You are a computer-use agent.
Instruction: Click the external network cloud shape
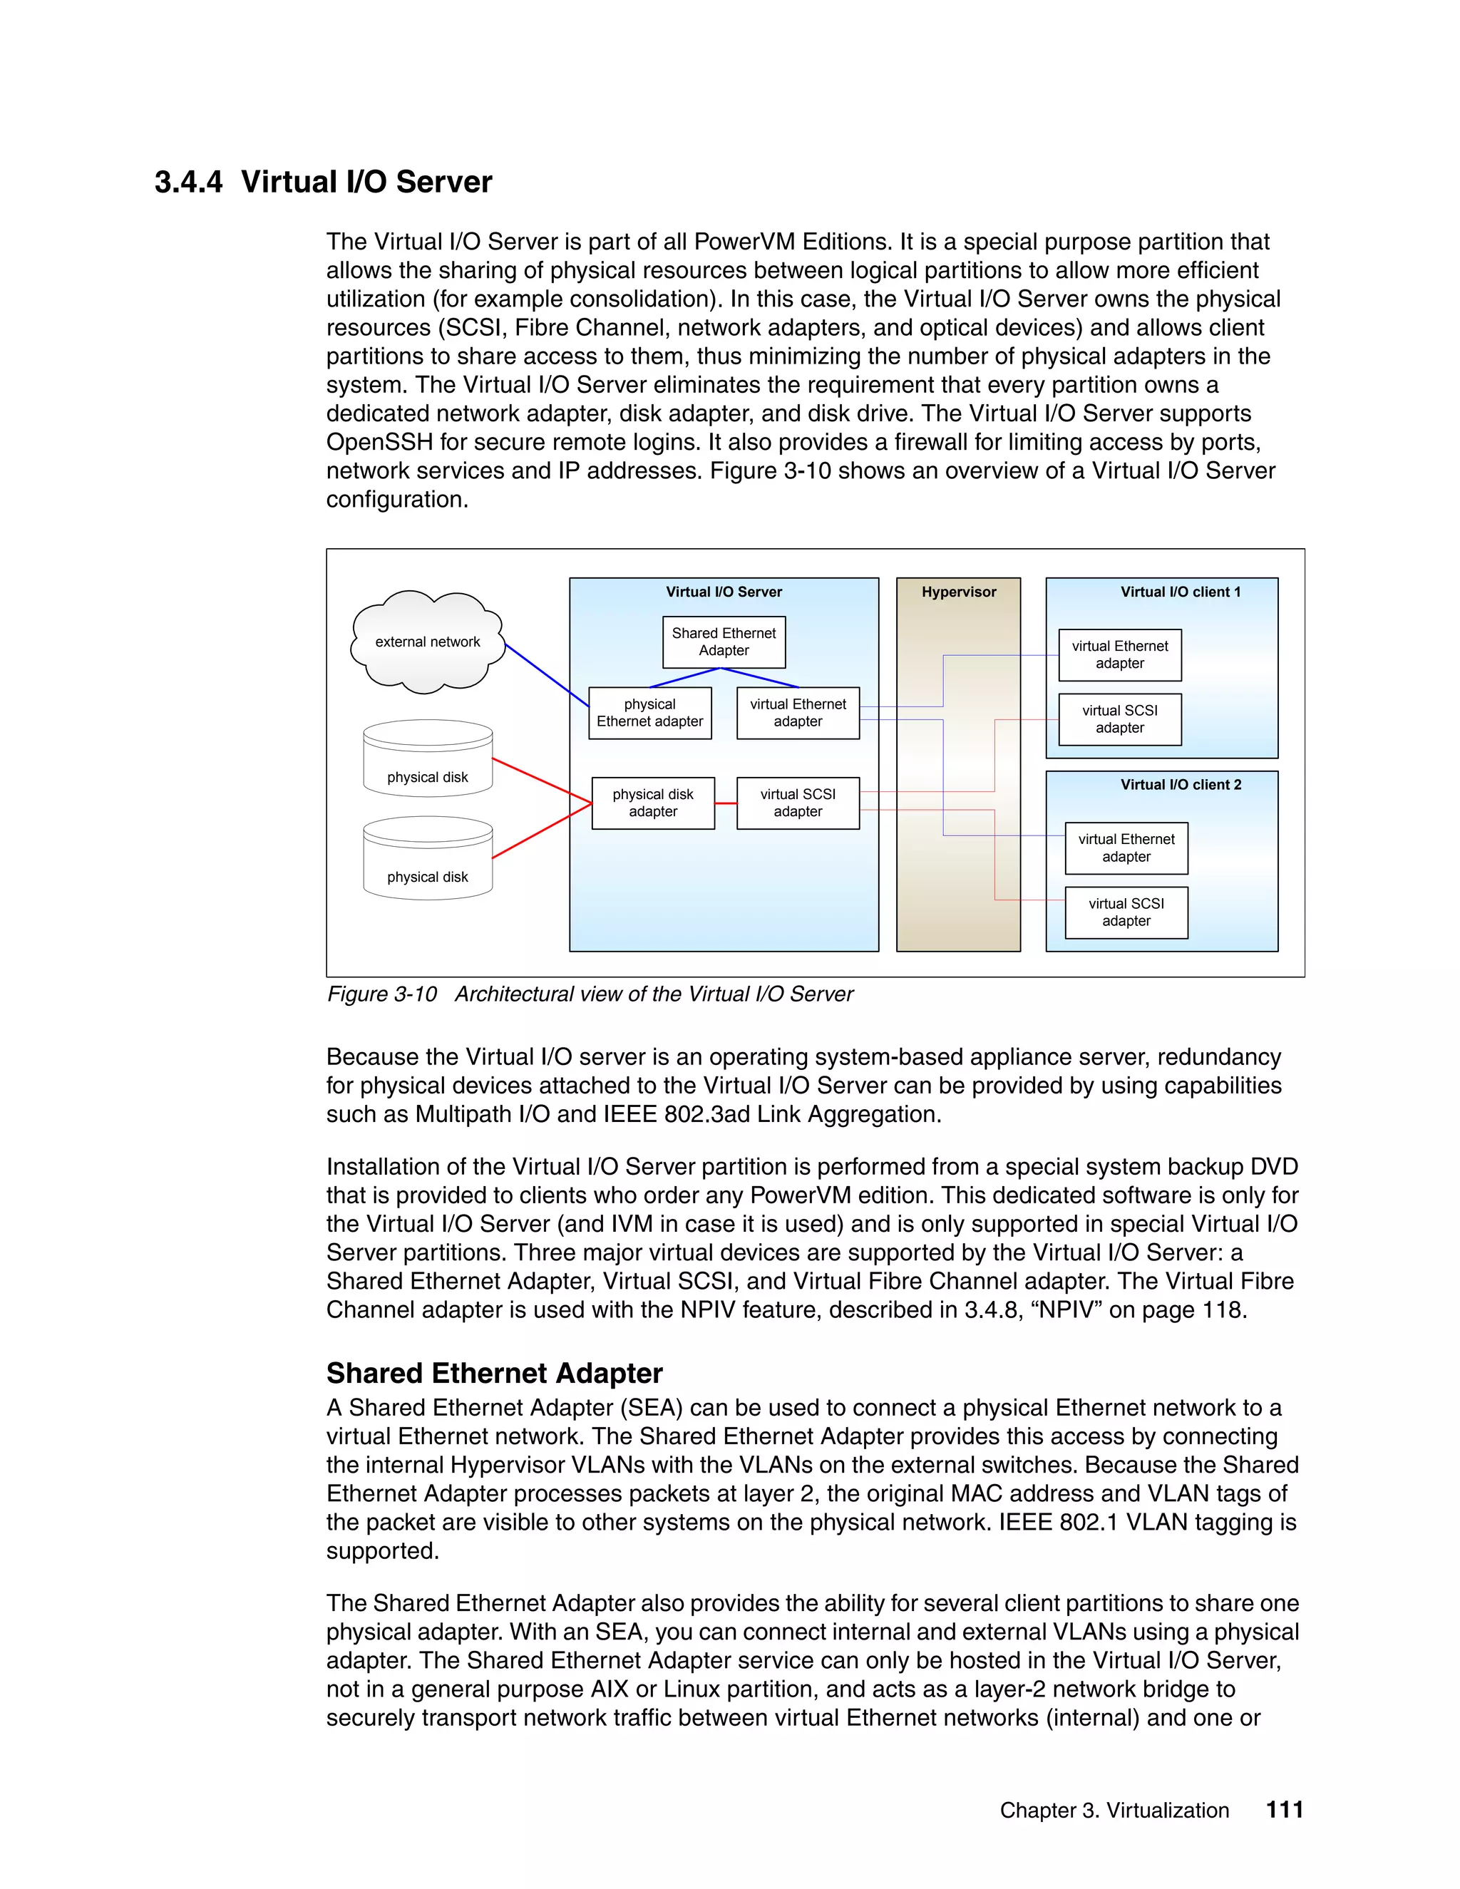pyautogui.click(x=427, y=642)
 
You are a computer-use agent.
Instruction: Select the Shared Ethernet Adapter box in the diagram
pyautogui.click(x=724, y=642)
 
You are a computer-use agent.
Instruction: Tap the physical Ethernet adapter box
pyautogui.click(x=649, y=713)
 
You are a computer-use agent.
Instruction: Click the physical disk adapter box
pyautogui.click(x=653, y=803)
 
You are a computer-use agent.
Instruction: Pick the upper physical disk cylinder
pyautogui.click(x=427, y=758)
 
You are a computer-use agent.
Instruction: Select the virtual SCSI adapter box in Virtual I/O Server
pyautogui.click(x=798, y=803)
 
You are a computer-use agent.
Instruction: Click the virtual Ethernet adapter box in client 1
pyautogui.click(x=1119, y=655)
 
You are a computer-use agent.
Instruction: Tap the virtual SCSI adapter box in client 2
pyautogui.click(x=1126, y=912)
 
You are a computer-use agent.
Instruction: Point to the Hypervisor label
pyautogui.click(x=958, y=592)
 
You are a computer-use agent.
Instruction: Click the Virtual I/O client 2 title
pyautogui.click(x=1181, y=785)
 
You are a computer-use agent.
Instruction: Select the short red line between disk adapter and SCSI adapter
pyautogui.click(x=726, y=803)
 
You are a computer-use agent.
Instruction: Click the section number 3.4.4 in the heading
pyautogui.click(x=187, y=182)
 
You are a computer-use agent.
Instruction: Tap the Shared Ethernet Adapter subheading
pyautogui.click(x=494, y=1373)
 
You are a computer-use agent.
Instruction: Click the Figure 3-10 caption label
pyautogui.click(x=381, y=994)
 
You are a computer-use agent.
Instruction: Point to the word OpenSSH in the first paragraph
pyautogui.click(x=379, y=442)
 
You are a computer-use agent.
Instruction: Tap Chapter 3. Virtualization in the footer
pyautogui.click(x=1114, y=1811)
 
